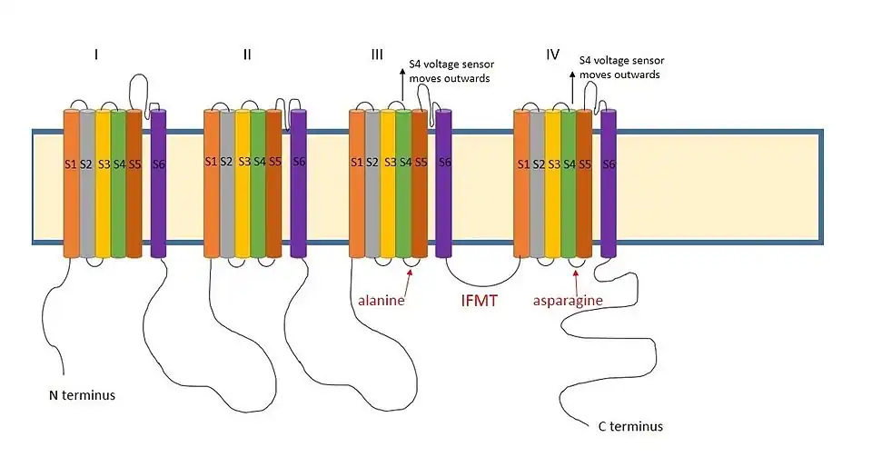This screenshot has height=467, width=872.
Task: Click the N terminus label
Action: pos(81,395)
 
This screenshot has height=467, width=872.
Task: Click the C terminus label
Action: pos(630,426)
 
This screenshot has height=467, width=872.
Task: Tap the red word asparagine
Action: pos(568,300)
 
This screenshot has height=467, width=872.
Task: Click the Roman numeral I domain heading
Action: pos(96,55)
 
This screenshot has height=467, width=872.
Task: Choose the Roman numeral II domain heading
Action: pos(247,55)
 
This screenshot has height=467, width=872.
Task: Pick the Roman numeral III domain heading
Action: pos(378,55)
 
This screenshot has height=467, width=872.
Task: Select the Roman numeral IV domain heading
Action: pos(552,55)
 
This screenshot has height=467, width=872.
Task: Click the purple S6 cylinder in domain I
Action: pos(158,182)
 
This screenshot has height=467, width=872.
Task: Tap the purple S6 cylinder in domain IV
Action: pos(609,182)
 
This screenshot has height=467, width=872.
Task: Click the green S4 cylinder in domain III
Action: pos(403,182)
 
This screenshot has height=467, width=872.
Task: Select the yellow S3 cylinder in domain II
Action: pos(243,182)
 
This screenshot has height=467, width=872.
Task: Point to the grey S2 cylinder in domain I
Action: pos(87,182)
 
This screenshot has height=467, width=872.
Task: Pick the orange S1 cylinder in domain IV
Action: pos(521,182)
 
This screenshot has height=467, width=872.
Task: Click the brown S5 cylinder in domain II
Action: pos(274,182)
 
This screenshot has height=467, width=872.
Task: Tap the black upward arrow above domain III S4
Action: pos(402,86)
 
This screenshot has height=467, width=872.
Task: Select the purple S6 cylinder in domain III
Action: pos(444,182)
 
